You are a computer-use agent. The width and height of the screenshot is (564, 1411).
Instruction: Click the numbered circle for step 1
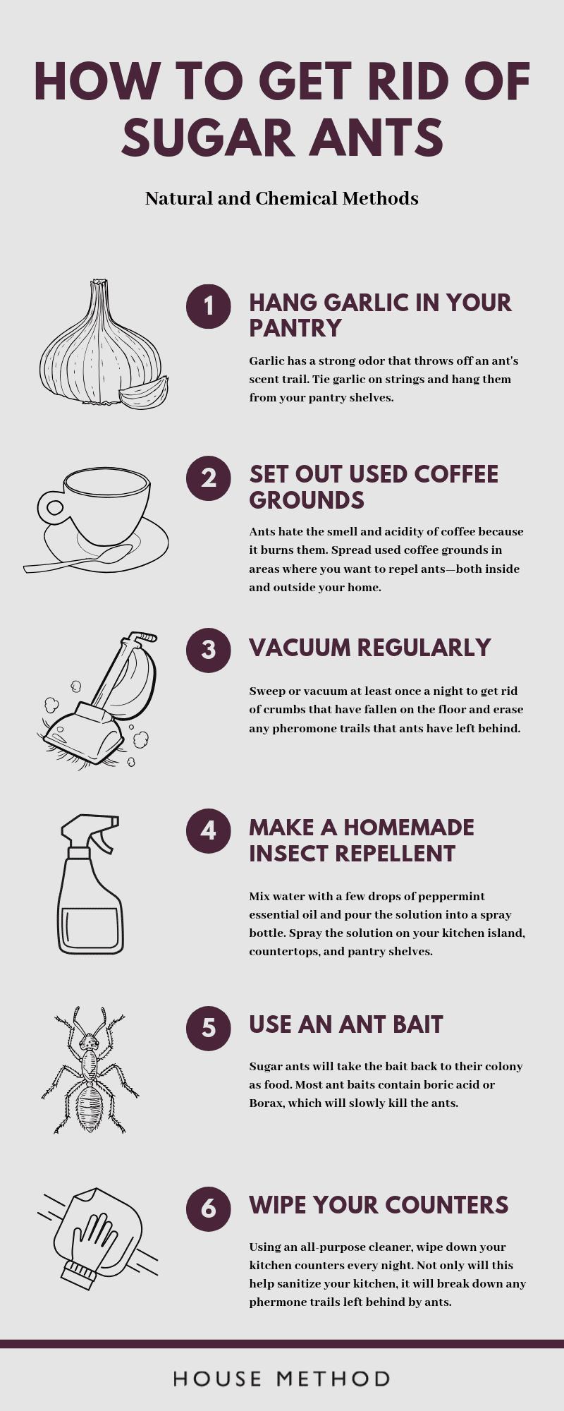209,306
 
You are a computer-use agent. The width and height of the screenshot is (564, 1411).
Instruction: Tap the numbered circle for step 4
209,830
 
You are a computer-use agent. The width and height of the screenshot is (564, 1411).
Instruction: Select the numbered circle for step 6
209,1209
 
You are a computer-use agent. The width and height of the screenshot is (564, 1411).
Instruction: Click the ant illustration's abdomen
90,1106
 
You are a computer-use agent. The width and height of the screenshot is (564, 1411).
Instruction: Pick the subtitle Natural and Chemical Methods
281,198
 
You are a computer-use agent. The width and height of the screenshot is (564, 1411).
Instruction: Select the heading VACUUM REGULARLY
369,648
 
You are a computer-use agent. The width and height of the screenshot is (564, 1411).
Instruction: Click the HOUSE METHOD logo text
281,1379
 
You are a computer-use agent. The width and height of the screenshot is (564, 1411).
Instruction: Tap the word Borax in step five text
266,1103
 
